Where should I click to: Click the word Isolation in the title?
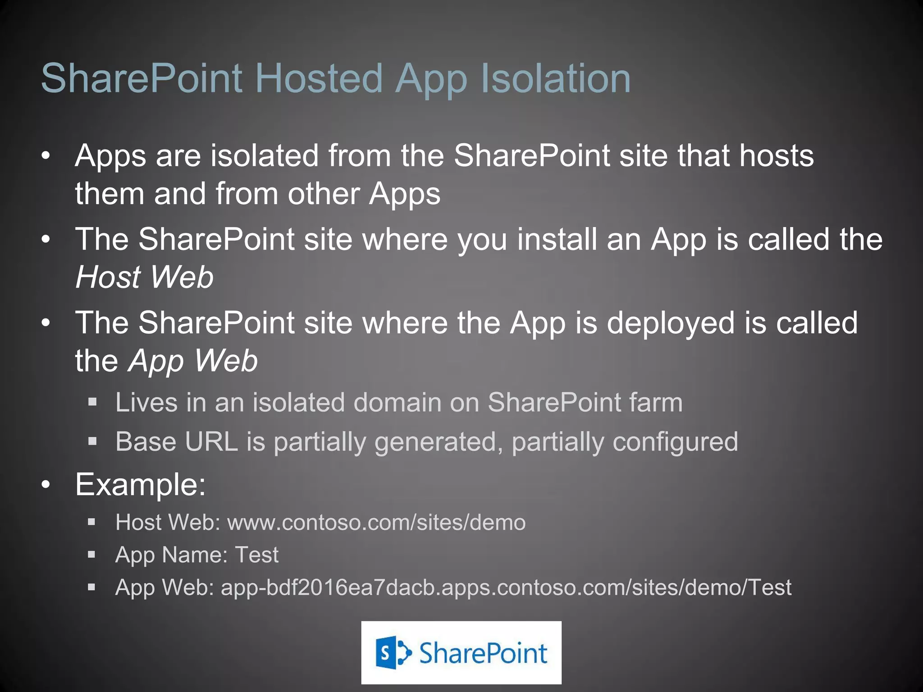click(x=556, y=78)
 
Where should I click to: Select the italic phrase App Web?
click(x=193, y=361)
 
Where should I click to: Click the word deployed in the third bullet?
click(x=671, y=323)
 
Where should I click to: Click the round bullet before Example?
click(x=46, y=485)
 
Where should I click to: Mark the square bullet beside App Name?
click(x=92, y=555)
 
